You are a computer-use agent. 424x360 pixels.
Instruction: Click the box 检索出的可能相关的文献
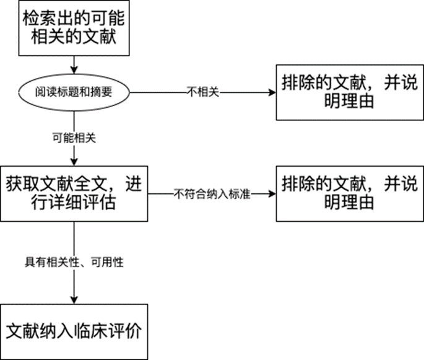[x=74, y=29]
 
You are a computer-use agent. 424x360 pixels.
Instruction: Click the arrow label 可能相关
[x=74, y=138]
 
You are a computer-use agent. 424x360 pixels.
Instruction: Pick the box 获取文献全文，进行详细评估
[x=74, y=193]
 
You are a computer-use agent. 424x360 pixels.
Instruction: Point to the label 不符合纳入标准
[x=212, y=193]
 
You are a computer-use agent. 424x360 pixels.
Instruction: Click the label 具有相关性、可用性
[x=74, y=262]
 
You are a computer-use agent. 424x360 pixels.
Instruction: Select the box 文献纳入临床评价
[x=74, y=330]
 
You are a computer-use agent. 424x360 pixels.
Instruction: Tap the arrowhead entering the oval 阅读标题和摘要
[x=74, y=69]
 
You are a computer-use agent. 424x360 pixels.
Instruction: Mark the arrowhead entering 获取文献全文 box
[x=74, y=163]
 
